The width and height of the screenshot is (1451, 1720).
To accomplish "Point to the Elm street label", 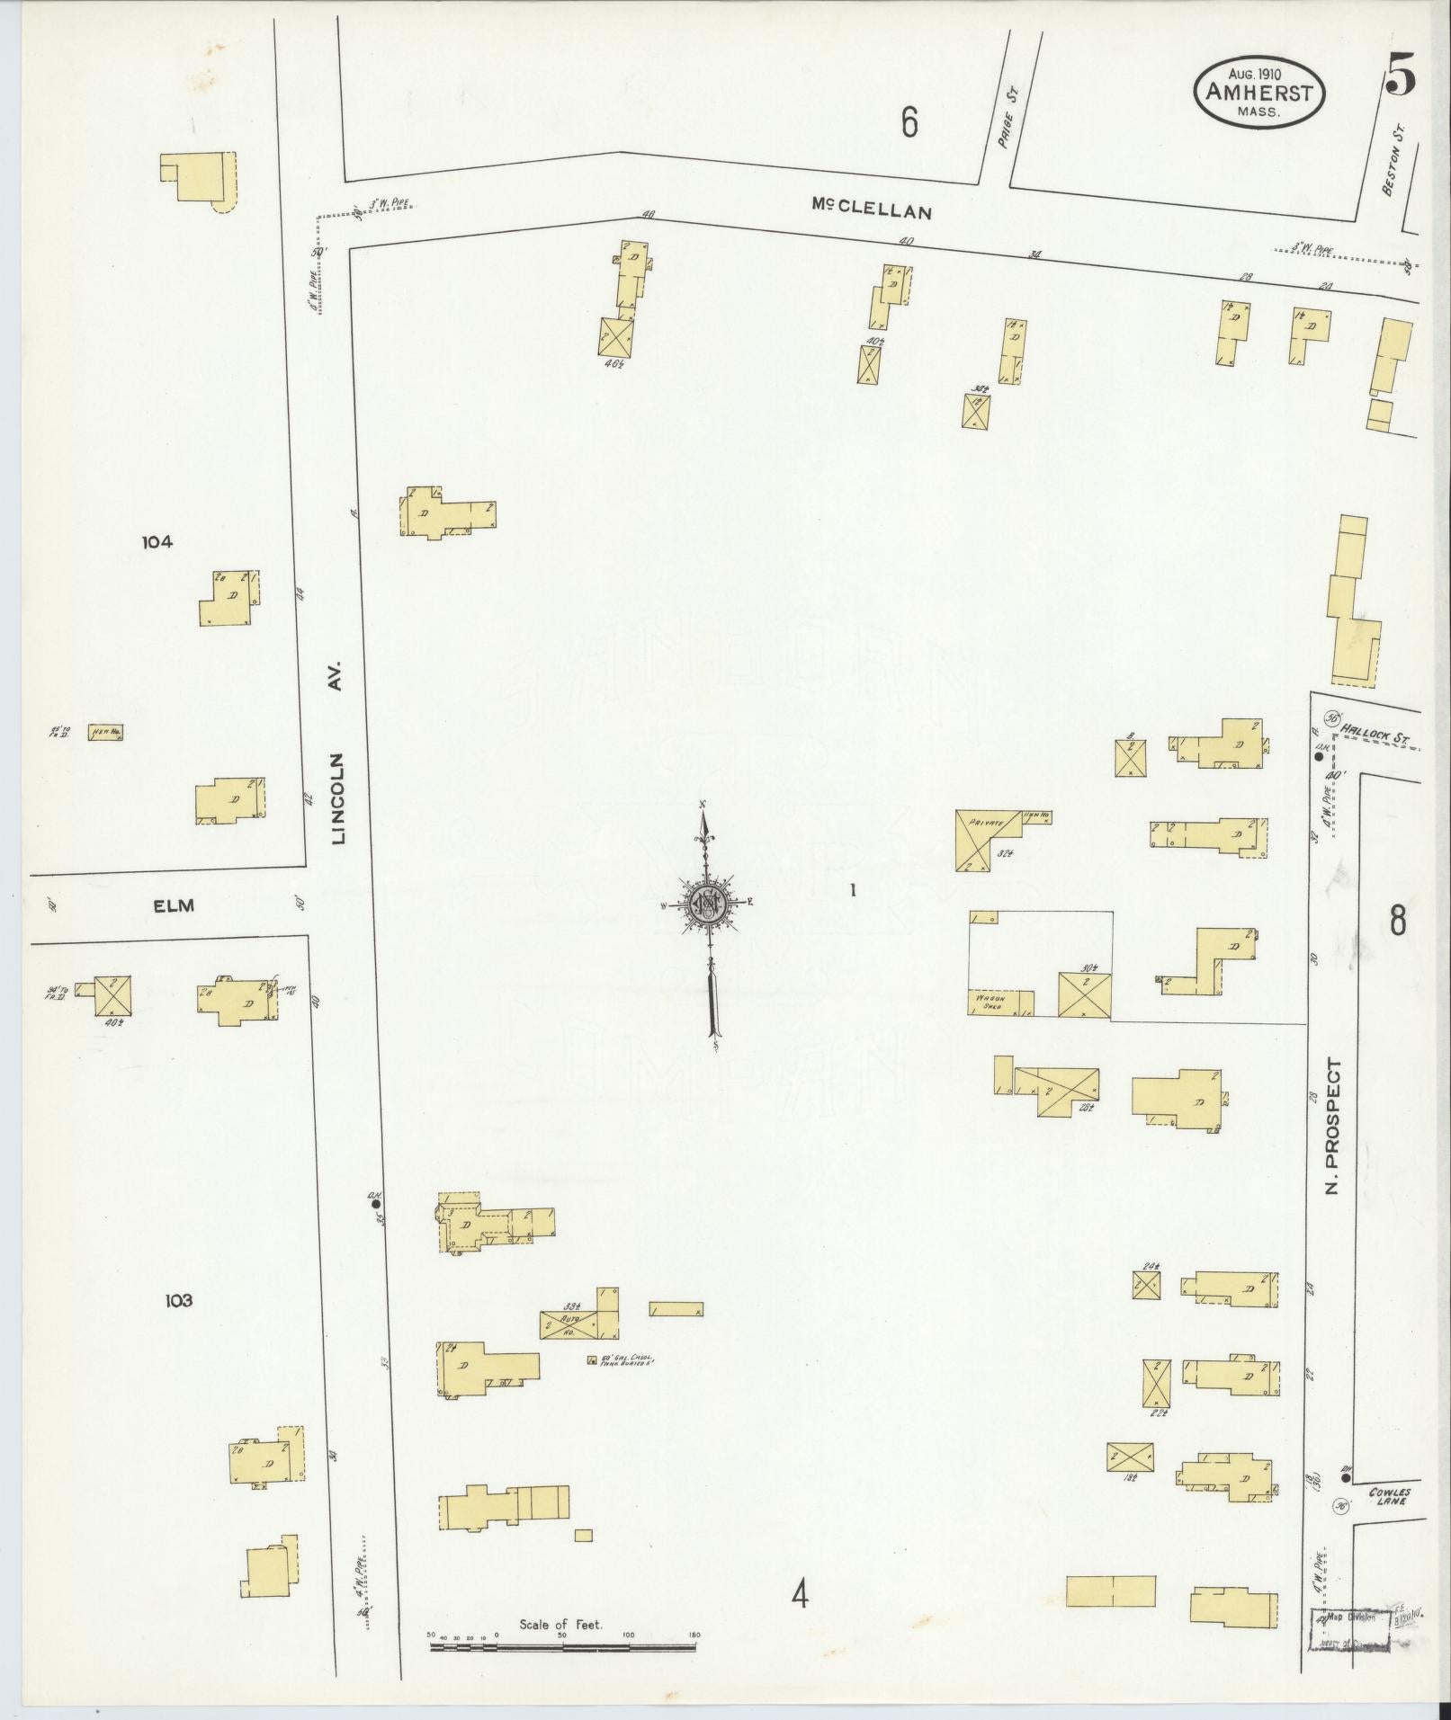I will [175, 906].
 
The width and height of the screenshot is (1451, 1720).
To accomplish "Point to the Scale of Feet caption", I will [560, 1626].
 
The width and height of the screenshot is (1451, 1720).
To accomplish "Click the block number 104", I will [157, 541].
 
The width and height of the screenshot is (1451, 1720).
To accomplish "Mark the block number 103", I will [178, 1300].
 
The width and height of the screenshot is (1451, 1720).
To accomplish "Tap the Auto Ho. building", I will [569, 1324].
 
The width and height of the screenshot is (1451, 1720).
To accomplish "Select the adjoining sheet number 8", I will [1397, 922].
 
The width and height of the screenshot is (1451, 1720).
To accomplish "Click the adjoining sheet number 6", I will [909, 123].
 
